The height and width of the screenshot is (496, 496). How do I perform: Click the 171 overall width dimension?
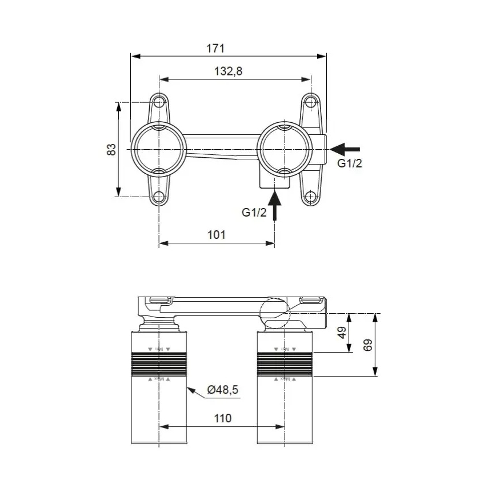pos(215,48)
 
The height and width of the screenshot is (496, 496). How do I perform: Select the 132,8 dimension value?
pos(225,71)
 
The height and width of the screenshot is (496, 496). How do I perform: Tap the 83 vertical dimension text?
pos(112,149)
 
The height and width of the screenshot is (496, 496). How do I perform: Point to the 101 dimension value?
pos(216,235)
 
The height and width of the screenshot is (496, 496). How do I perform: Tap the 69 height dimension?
pos(368,345)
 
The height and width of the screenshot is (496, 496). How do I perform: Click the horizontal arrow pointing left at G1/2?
pos(345,149)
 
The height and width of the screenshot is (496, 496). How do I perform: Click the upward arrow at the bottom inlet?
pos(275,206)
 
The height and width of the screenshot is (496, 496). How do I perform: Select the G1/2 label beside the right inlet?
pos(349,164)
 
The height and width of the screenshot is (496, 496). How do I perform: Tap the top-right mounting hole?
pos(310,102)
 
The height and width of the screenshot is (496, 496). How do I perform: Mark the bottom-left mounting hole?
pos(159,197)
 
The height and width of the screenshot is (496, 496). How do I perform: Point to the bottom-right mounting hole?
pos(310,197)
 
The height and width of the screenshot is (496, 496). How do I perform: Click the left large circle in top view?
pos(159,149)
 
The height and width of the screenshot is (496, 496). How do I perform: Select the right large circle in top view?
pos(285,149)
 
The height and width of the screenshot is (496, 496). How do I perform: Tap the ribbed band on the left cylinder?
pos(159,364)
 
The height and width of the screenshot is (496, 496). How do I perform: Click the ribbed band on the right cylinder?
pos(285,364)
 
